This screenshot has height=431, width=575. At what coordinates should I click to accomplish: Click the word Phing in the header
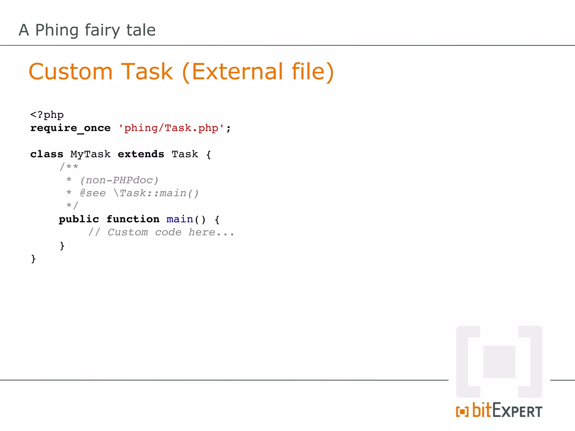pos(57,30)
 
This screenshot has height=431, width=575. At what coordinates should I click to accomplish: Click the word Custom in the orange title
pos(70,72)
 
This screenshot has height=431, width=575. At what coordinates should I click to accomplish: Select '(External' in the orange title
pos(232,72)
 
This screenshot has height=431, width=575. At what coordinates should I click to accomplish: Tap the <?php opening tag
pos(47,115)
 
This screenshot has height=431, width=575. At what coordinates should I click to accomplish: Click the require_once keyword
pos(70,128)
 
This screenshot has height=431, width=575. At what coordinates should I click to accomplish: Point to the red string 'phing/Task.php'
pos(171,128)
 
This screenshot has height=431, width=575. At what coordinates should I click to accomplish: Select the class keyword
pos(47,154)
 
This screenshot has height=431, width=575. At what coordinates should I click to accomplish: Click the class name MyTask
pos(90,154)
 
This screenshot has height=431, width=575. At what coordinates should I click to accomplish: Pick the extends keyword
pos(141,154)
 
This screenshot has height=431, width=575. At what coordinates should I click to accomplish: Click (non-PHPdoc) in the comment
pos(119,180)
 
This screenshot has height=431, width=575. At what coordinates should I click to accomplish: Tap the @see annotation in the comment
pos(93,193)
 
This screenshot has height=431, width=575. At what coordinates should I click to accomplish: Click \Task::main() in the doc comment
pos(156,193)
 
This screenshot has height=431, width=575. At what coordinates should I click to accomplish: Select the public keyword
pos(79,219)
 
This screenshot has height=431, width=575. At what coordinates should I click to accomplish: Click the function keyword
pos(133,219)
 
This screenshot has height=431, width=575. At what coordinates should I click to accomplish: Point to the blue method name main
pos(180,219)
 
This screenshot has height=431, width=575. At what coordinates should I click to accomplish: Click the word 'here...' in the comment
pos(211,232)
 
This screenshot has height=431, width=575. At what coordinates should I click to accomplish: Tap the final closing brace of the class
pos(33,258)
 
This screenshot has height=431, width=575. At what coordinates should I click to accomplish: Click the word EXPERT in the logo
pos(517,412)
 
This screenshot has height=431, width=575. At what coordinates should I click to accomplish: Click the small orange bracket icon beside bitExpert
pos(462,412)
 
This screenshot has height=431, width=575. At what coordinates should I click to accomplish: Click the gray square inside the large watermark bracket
pos(499,362)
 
